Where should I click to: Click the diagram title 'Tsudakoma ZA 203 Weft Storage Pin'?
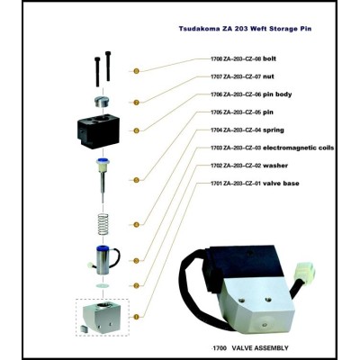point(245,29)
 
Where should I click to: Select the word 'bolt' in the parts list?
point(269,58)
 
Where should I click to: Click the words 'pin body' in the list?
point(277,94)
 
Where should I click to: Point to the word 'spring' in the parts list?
point(274,130)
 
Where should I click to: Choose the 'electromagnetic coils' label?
point(298,148)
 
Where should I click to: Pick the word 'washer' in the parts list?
point(275,166)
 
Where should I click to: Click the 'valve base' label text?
point(281,184)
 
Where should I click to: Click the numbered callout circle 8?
point(136,71)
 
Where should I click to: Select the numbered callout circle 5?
point(136,180)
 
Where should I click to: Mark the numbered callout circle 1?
point(136,317)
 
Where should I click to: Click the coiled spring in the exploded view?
point(103,225)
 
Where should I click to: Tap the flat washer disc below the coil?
point(103,285)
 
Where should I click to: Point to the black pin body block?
point(98,132)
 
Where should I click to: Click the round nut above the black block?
point(101,102)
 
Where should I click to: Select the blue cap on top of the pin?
point(103,161)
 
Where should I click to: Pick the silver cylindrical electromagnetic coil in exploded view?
point(103,260)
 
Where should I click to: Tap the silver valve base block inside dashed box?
point(101,319)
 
